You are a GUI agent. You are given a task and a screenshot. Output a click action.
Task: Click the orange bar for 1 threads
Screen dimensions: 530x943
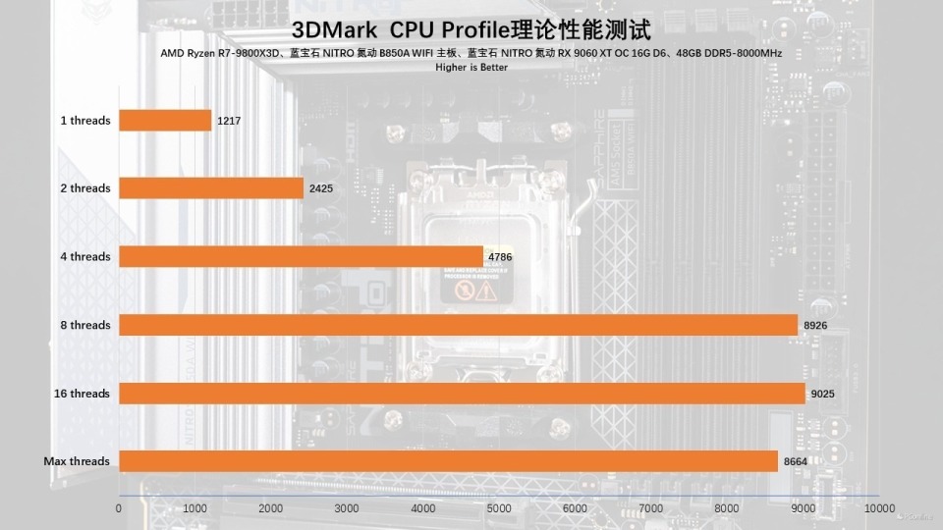pos(165,120)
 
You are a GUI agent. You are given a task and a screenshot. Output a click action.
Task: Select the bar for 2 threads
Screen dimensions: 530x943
pos(211,188)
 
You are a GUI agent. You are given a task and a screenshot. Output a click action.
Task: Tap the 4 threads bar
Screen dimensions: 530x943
pos(301,257)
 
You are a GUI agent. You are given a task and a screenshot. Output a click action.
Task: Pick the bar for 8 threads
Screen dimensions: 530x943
pos(458,325)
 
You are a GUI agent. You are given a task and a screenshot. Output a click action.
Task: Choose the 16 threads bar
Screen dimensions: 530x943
pos(462,394)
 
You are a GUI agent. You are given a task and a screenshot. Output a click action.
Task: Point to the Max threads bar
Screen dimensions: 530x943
pos(448,461)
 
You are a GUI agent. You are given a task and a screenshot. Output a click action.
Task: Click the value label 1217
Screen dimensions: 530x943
pos(229,121)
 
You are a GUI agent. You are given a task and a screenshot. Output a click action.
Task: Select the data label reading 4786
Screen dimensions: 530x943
pos(501,257)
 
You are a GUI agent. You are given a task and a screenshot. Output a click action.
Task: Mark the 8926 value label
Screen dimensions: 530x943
pos(815,326)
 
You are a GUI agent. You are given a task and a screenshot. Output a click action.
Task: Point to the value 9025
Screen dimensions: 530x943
pos(823,394)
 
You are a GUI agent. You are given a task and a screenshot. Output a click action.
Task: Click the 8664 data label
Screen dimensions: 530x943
pos(796,461)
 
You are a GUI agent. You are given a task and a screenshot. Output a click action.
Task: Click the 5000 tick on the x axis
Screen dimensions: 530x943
pos(499,509)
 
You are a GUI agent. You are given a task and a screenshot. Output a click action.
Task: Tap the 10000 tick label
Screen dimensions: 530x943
pos(879,509)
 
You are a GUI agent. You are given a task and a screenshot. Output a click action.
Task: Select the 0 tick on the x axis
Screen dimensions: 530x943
pos(119,509)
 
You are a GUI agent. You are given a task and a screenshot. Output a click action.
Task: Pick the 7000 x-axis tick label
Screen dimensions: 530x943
pos(651,509)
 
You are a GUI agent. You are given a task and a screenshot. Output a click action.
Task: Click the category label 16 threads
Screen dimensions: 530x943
pos(82,394)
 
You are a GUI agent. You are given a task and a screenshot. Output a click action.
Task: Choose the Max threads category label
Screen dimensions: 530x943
pos(77,461)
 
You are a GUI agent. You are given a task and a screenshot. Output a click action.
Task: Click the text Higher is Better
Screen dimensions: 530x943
pos(471,68)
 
